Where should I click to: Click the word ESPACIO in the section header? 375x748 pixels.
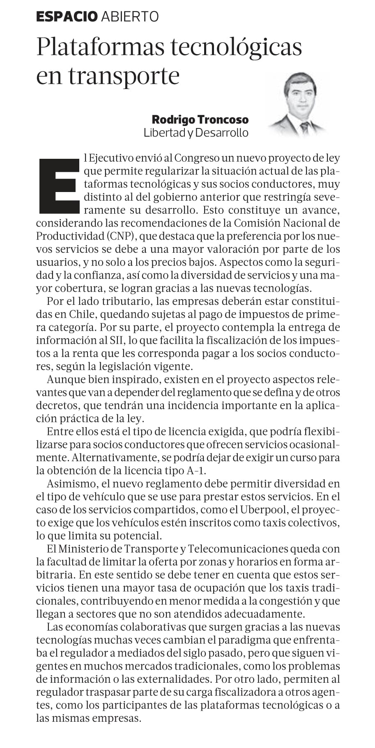67,16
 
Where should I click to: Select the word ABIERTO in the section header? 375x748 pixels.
129,16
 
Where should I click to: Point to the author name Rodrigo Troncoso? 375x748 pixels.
200,119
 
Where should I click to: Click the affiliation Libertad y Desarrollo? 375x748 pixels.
196,133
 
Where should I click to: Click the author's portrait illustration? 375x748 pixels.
299,105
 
